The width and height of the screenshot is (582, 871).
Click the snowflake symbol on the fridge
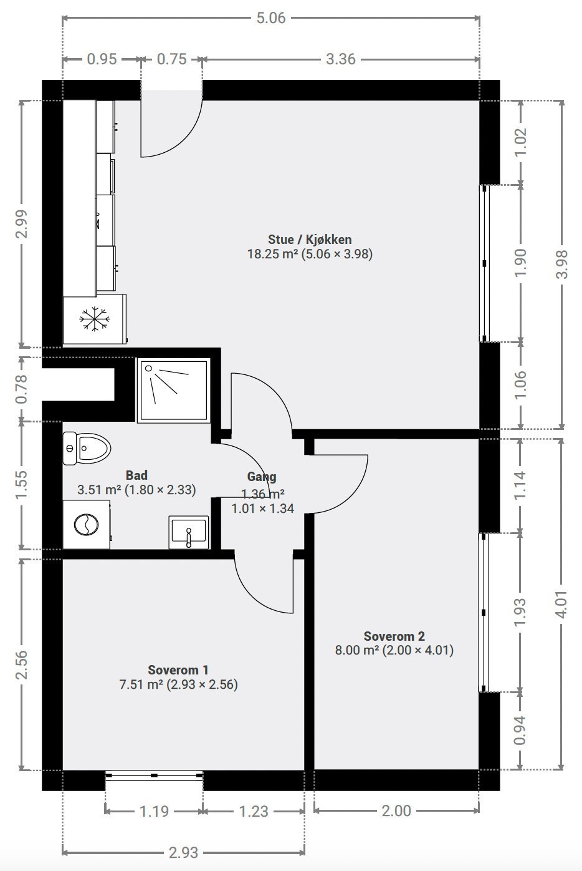(x=94, y=319)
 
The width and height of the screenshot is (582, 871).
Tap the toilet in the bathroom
(x=87, y=448)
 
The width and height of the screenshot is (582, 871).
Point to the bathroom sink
(x=189, y=532)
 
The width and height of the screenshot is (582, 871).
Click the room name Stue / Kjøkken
(x=310, y=239)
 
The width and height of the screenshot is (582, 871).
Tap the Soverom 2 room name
(x=394, y=636)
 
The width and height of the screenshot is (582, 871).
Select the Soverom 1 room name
(x=178, y=669)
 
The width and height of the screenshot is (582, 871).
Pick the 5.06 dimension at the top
(x=271, y=18)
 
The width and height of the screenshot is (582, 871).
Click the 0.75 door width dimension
(x=171, y=59)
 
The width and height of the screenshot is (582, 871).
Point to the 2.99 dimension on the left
(x=22, y=223)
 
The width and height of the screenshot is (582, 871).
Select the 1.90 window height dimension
(x=521, y=263)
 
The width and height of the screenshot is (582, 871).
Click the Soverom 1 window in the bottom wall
(x=154, y=775)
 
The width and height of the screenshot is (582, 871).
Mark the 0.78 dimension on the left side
(x=22, y=389)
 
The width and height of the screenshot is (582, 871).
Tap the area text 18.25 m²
(x=272, y=254)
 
